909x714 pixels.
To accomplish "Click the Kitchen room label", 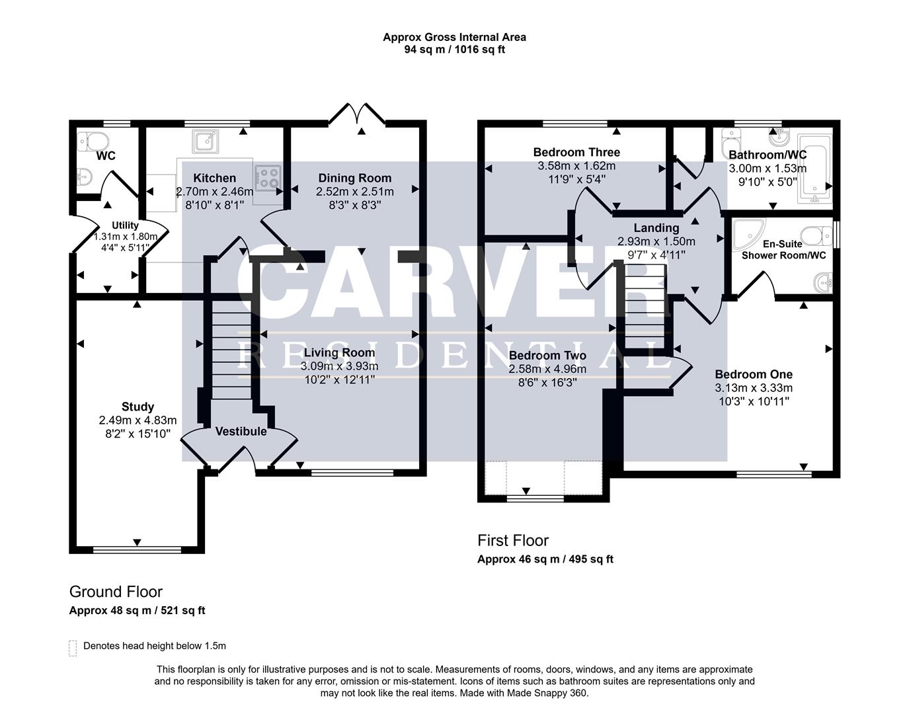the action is (215, 178).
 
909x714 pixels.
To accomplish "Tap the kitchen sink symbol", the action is (206, 141).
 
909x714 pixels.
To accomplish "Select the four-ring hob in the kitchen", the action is (268, 178).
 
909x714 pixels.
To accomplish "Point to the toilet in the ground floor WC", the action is (93, 141).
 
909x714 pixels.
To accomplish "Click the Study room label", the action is (138, 407).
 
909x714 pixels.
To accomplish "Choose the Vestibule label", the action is (241, 431).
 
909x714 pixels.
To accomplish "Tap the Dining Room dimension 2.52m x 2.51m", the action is (355, 192).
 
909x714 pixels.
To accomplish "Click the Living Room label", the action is (339, 352).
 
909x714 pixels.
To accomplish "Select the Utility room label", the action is (125, 225).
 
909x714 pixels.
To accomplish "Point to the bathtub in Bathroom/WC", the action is (815, 169).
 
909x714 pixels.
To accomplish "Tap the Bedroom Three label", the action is (576, 152).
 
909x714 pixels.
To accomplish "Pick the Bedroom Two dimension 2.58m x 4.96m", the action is (547, 369).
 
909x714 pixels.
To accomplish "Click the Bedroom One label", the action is (754, 374).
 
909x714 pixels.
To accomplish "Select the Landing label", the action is (656, 228).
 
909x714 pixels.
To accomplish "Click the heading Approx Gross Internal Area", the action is (454, 37).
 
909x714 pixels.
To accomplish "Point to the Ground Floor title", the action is (116, 592).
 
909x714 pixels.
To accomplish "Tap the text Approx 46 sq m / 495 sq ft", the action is (545, 559).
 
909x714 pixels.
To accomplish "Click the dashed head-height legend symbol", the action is (73, 649).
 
